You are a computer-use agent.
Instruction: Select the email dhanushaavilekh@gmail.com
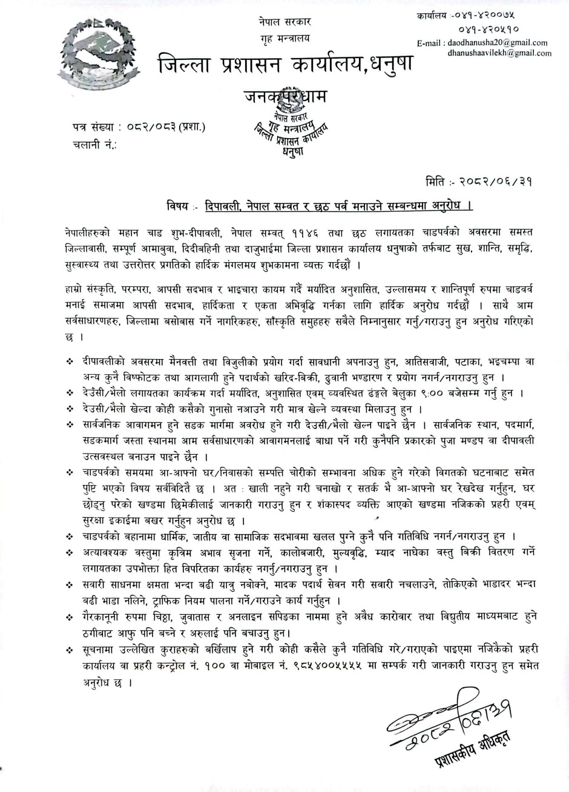(499, 53)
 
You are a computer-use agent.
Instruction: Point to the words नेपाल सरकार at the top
(283, 22)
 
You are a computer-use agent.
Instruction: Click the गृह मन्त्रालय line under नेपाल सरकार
(283, 38)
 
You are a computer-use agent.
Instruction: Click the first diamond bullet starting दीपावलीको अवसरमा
(70, 361)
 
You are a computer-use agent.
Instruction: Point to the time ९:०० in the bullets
(444, 393)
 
